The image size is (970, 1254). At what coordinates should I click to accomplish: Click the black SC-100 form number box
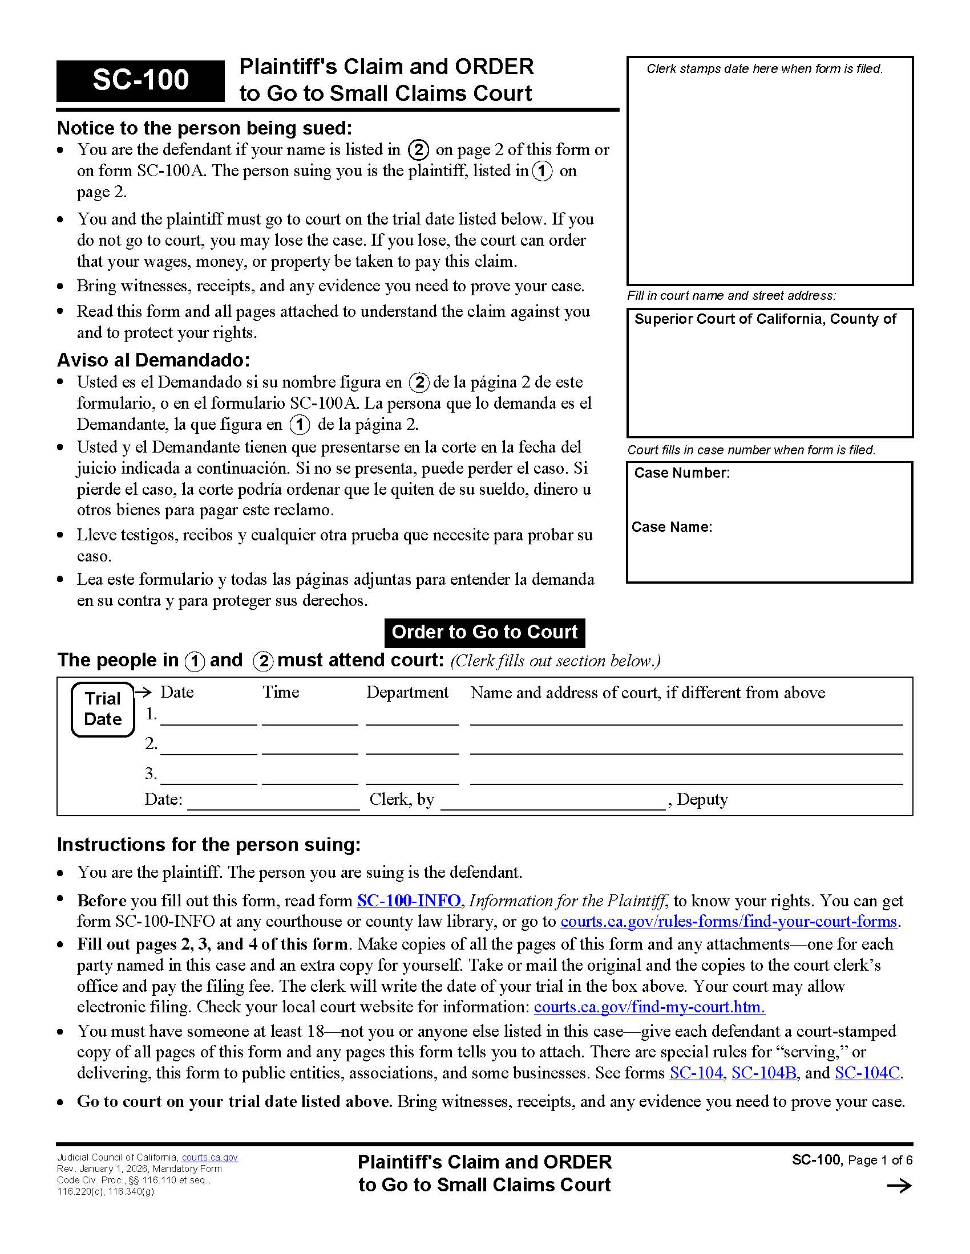point(140,80)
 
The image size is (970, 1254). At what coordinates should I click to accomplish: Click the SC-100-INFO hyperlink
point(409,900)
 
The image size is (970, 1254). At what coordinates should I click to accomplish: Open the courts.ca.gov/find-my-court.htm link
point(649,1007)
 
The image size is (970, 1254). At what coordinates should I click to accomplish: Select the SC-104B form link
point(763,1073)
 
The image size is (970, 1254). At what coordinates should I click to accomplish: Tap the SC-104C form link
point(867,1073)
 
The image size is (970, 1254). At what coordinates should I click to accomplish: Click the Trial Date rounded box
point(103,709)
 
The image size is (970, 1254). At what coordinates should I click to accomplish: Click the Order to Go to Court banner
point(484,632)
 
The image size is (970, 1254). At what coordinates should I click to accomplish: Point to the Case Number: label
point(681,473)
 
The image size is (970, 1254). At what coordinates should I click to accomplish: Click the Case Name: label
point(672,527)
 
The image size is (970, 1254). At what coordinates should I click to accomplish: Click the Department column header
point(407,692)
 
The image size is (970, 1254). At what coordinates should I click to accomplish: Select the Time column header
point(281,692)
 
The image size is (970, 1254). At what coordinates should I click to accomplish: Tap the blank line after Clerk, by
point(552,801)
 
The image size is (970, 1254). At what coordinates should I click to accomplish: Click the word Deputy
point(702,799)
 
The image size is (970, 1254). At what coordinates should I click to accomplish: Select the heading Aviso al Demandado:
point(153,360)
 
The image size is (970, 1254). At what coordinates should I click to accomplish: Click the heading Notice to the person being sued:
point(204,128)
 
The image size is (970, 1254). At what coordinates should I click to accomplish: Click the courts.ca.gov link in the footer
point(210,1158)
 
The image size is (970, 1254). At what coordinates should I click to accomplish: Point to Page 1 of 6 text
point(880,1161)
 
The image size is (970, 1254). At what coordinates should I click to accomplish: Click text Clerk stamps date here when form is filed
point(764,69)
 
